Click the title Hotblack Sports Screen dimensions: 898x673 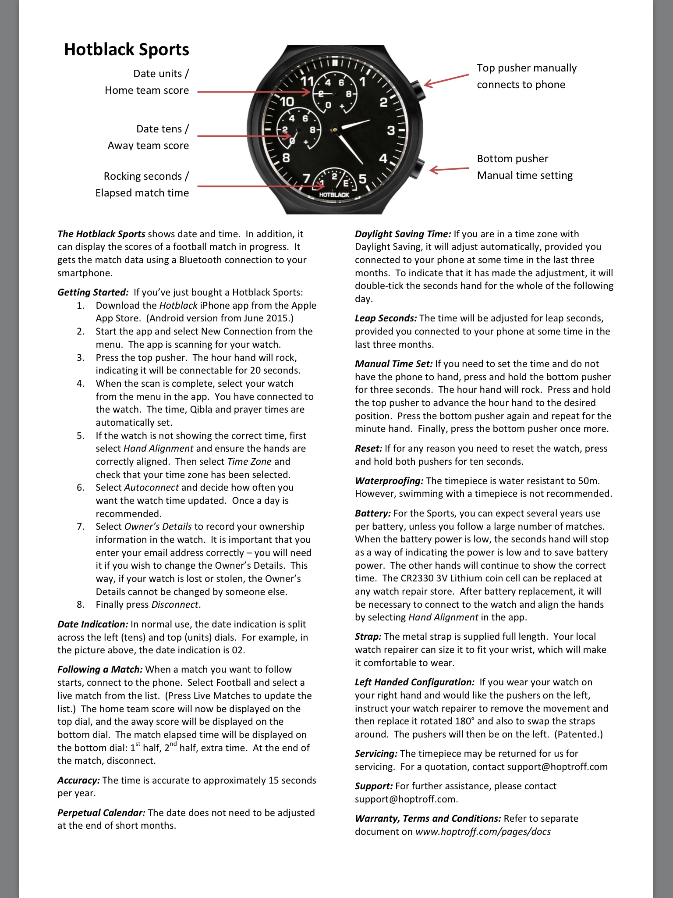pyautogui.click(x=127, y=50)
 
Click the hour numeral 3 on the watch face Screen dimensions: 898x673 pyautogui.click(x=391, y=130)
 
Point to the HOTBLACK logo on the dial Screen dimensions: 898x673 pyautogui.click(x=334, y=194)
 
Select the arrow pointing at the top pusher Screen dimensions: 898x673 pyautogui.click(x=446, y=81)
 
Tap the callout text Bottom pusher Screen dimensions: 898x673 pyautogui.click(x=512, y=159)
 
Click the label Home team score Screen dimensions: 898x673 pyautogui.click(x=147, y=90)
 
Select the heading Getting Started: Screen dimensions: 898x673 pyautogui.click(x=93, y=292)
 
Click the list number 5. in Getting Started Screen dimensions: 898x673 pyautogui.click(x=81, y=436)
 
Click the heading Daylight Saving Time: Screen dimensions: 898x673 pyautogui.click(x=403, y=234)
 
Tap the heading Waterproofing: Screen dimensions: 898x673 pyautogui.click(x=389, y=481)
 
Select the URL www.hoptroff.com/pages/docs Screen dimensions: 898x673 pyautogui.click(x=483, y=832)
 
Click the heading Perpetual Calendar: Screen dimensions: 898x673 pyautogui.click(x=101, y=812)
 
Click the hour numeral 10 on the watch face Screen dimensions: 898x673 pyautogui.click(x=287, y=102)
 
